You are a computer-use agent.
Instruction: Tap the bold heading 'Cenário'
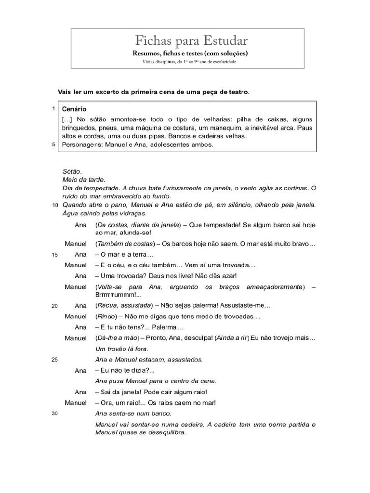pyautogui.click(x=74, y=110)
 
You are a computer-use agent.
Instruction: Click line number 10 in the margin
pyautogui.click(x=54, y=205)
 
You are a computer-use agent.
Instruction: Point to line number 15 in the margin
pyautogui.click(x=54, y=255)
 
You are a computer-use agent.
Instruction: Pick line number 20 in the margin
pyautogui.click(x=54, y=306)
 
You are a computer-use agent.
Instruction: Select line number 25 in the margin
pyautogui.click(x=54, y=359)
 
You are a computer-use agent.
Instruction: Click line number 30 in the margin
pyautogui.click(x=54, y=413)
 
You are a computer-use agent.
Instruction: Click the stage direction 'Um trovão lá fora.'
pyautogui.click(x=122, y=349)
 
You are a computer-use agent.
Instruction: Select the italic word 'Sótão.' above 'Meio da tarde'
pyautogui.click(x=72, y=171)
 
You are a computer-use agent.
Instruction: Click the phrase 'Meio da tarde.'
pyautogui.click(x=83, y=180)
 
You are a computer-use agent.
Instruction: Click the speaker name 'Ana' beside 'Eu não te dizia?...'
pyautogui.click(x=80, y=371)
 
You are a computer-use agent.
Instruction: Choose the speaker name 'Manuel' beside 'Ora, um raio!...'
pyautogui.click(x=76, y=402)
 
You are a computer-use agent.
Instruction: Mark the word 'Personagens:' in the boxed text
pyautogui.click(x=81, y=144)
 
